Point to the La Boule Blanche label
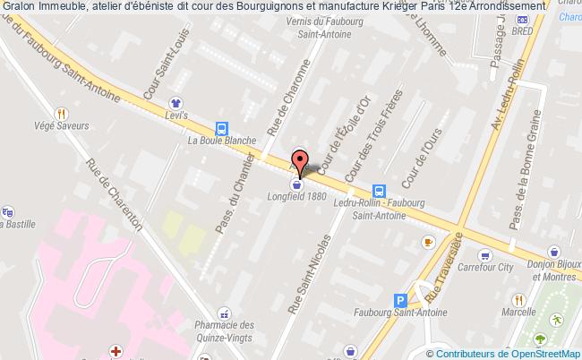pyautogui.click(x=222, y=141)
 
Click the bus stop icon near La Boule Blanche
pyautogui.click(x=220, y=127)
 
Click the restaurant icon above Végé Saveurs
pyautogui.click(x=61, y=114)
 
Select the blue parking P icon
pyautogui.click(x=400, y=302)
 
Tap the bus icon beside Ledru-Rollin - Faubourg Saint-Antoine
pyautogui.click(x=379, y=191)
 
